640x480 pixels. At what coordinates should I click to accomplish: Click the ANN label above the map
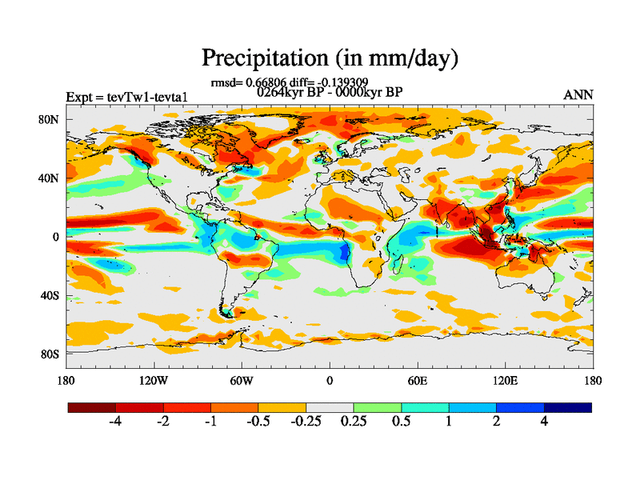578,95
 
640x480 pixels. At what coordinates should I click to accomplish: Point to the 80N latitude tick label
50,119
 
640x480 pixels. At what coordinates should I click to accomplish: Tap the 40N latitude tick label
50,178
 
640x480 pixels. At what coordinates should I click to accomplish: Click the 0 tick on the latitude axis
56,237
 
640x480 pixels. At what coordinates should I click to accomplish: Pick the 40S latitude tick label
50,295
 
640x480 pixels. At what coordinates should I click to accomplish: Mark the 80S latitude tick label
50,354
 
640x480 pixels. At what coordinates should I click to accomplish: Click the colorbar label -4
115,422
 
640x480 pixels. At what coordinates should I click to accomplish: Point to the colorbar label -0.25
305,422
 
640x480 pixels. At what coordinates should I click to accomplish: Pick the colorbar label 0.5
401,422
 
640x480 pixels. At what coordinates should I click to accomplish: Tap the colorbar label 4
544,422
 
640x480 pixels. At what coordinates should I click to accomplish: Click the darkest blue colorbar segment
568,407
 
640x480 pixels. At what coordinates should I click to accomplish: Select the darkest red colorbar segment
92,407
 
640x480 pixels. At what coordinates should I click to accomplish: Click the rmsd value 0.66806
262,82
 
